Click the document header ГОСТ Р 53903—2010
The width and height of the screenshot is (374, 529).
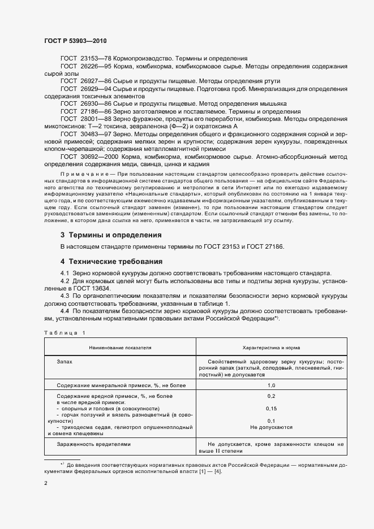tap(75, 41)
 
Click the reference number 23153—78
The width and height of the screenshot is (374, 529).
tap(98, 58)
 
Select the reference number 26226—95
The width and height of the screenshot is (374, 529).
tap(98, 66)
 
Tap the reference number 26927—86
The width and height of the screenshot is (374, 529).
tap(98, 81)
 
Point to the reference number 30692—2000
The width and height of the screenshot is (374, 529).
tap(102, 156)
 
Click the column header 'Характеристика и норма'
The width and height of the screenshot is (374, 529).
tap(271, 348)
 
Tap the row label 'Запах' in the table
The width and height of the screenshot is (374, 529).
tap(65, 360)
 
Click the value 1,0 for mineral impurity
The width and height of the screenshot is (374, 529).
tap(271, 385)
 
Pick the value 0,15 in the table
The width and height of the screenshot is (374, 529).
tap(271, 408)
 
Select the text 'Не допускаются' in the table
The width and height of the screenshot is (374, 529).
tap(271, 427)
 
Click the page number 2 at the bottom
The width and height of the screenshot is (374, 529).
tap(46, 484)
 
